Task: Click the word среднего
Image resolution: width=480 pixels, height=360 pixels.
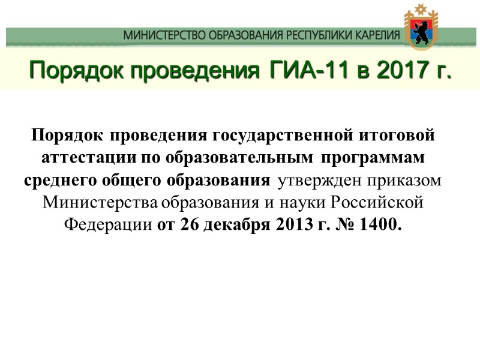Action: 55,180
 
